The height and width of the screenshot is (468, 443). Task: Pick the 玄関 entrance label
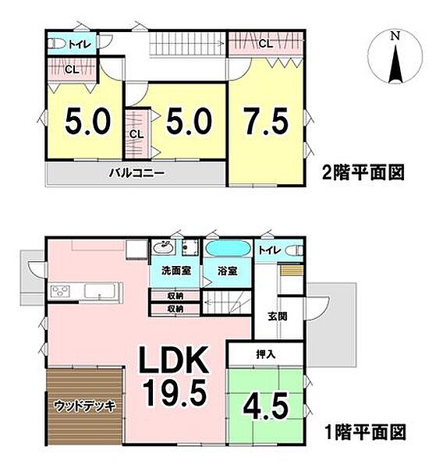pyautogui.click(x=278, y=316)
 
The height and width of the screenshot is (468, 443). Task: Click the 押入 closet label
pyautogui.click(x=265, y=353)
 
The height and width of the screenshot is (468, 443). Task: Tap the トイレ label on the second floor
pyautogui.click(x=80, y=44)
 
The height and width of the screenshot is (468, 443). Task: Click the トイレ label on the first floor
pyautogui.click(x=270, y=250)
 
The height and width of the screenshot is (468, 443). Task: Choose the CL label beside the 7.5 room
pyautogui.click(x=265, y=43)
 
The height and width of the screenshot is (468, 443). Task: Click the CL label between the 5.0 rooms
pyautogui.click(x=136, y=134)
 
